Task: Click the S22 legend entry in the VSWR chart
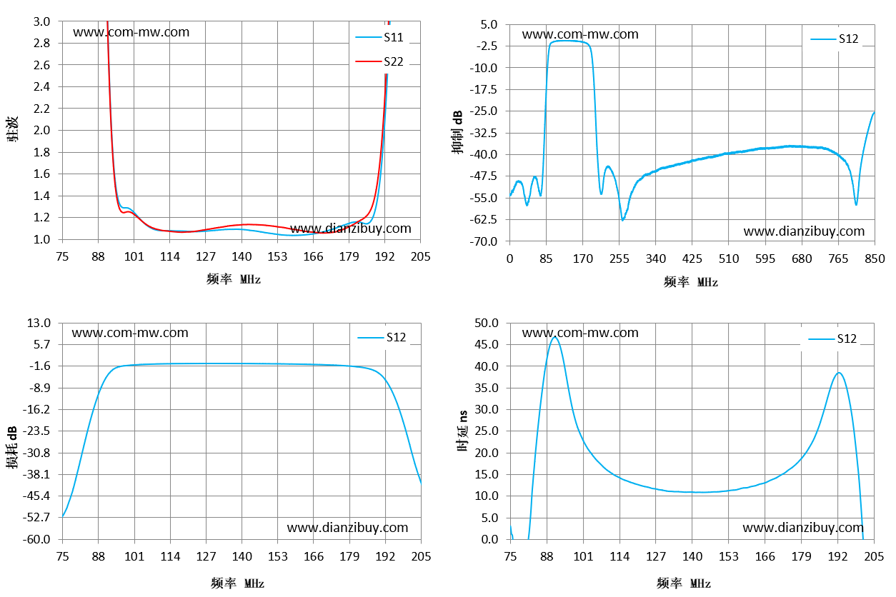379,61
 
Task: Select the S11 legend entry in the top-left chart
379,37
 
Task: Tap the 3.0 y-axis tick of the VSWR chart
41,21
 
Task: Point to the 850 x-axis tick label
875,259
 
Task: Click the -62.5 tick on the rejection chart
483,219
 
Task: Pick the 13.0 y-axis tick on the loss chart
39,323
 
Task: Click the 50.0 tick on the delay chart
487,323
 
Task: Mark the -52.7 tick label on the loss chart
37,518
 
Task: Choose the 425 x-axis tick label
692,259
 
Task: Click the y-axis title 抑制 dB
457,132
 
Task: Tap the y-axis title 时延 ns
462,431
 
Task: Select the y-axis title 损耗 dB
11,447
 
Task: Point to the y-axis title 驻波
12,129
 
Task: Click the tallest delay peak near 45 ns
554,337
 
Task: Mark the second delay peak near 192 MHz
839,373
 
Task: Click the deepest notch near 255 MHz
622,219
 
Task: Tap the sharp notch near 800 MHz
856,204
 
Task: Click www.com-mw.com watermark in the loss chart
130,333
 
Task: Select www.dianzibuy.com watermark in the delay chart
803,528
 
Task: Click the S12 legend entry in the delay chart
832,338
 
